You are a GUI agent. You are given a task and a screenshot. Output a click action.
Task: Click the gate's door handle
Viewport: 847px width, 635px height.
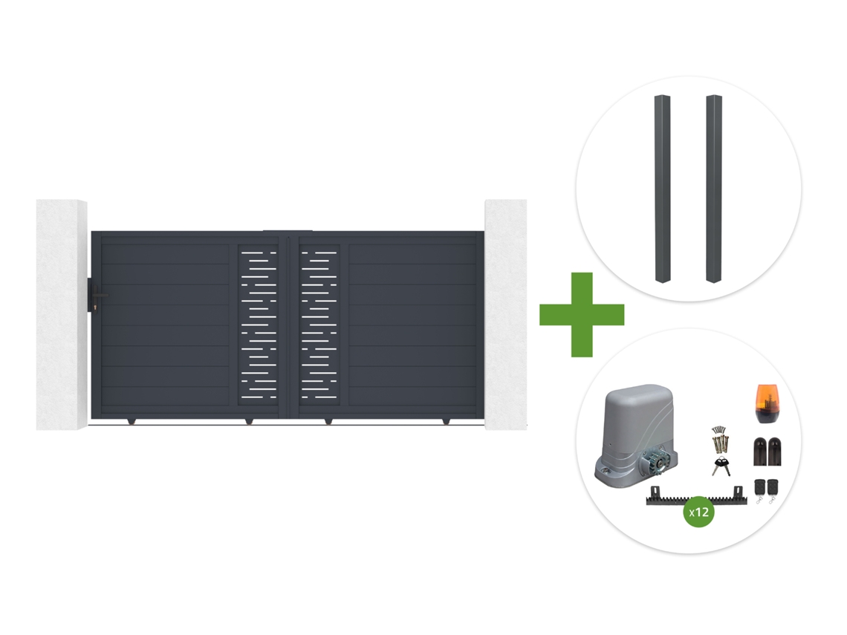tap(99, 295)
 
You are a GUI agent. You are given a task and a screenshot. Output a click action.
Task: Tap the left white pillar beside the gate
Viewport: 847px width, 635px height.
tap(62, 315)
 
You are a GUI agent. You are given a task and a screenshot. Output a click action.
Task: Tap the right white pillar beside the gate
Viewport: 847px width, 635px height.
tap(506, 315)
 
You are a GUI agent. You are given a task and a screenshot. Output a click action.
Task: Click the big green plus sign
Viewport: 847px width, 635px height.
tap(582, 314)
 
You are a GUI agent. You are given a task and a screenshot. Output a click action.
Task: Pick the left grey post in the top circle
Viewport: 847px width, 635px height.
tap(663, 189)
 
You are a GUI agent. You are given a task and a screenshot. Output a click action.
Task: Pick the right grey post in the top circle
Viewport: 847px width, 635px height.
tap(713, 189)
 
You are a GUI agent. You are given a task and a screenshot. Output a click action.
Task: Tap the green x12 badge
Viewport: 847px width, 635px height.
tap(699, 512)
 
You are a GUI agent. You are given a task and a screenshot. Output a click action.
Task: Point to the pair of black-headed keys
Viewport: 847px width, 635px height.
tap(721, 466)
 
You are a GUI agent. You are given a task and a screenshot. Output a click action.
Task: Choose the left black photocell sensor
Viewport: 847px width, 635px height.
tap(760, 452)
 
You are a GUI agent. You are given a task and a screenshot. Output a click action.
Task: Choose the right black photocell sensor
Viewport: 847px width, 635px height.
tap(774, 452)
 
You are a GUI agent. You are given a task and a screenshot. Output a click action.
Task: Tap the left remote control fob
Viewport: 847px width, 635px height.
tap(759, 489)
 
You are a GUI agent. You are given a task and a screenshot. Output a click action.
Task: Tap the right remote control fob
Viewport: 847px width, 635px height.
tap(773, 489)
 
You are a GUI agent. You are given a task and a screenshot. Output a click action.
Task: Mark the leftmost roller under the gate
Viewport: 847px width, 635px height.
tap(131, 420)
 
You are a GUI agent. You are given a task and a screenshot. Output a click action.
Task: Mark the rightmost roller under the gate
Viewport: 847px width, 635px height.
tap(446, 420)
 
